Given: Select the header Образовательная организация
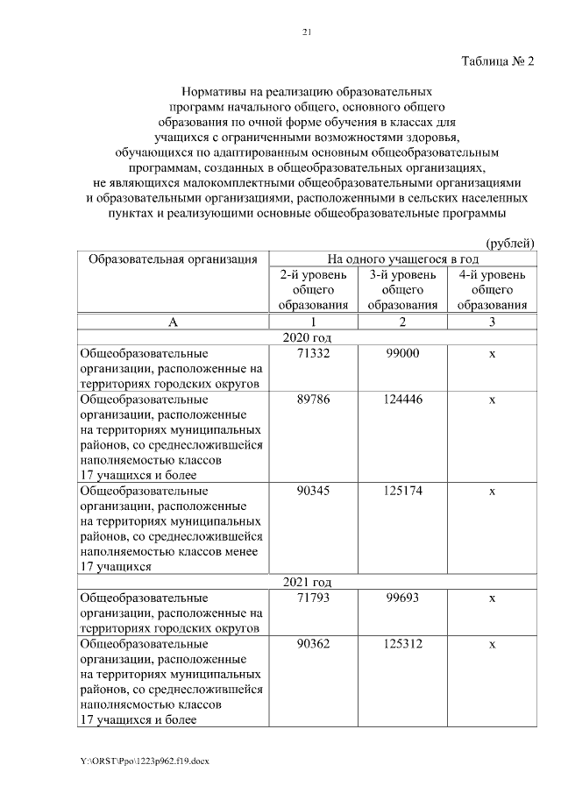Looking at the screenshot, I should [173, 258].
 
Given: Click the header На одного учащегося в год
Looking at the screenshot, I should [402, 258].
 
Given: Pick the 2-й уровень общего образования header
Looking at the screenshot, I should [314, 290].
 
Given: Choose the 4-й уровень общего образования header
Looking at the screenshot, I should [492, 290].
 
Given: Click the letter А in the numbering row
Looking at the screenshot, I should [173, 322].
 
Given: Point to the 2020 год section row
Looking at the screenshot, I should [306, 337].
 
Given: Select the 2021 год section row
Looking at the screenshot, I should [306, 581].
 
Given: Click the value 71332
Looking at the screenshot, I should [314, 352].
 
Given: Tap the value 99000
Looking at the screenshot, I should [402, 352].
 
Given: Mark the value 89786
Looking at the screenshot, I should [314, 400].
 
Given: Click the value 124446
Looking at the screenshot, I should [402, 400].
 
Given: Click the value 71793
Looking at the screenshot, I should [314, 597].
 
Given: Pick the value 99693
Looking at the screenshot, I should [402, 597].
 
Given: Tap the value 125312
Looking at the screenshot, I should [402, 644].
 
